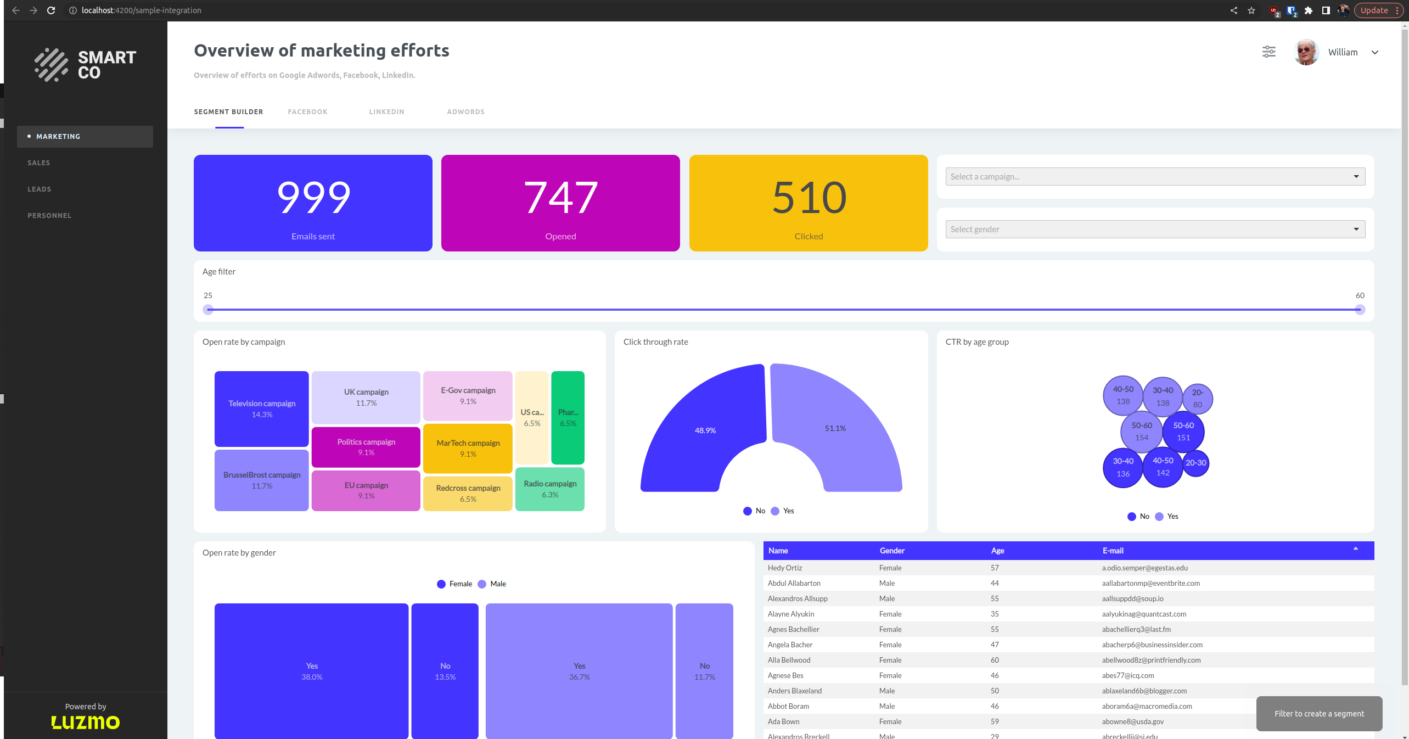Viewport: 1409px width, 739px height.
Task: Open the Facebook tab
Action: tap(307, 112)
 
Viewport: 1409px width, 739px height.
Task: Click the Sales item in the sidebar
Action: tap(39, 163)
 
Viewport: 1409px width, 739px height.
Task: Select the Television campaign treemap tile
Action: tap(262, 408)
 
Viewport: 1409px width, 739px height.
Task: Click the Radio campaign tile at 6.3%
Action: tap(550, 489)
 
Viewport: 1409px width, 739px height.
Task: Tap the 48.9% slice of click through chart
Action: tap(705, 430)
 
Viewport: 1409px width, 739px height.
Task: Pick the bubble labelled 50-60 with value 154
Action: tap(1141, 431)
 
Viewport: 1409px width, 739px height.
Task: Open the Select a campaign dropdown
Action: tap(1155, 177)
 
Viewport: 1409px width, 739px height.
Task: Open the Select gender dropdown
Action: tap(1155, 229)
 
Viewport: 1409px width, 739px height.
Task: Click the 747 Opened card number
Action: tap(560, 198)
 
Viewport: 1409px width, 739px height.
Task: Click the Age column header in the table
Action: tap(997, 551)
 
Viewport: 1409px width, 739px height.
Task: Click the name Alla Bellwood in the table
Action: tap(789, 660)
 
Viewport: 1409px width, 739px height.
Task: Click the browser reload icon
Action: tap(51, 10)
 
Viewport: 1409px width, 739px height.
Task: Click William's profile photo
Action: tap(1306, 53)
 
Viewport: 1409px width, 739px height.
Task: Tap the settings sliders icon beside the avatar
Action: tap(1268, 52)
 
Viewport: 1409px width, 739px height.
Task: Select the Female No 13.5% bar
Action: tap(445, 671)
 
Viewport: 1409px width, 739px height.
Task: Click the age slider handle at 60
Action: tap(1360, 310)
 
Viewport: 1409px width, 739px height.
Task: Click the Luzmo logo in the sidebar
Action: tap(86, 722)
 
